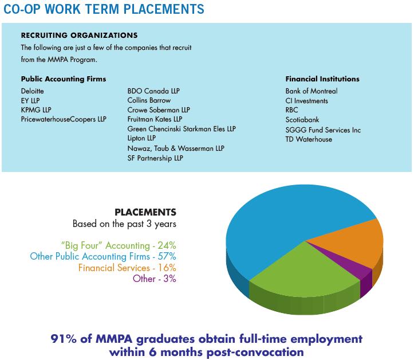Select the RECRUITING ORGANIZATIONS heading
79,36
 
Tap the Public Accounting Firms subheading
63,79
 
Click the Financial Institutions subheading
322,79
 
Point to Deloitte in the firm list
32,91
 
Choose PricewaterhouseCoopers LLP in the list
63,119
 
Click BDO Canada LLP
153,91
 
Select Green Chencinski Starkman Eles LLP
181,129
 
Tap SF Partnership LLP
155,158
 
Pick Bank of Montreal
311,91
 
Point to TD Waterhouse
309,139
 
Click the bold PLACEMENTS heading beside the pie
145,212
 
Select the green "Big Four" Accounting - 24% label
118,245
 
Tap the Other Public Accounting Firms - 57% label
103,256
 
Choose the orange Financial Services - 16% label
127,267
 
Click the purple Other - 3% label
154,279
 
